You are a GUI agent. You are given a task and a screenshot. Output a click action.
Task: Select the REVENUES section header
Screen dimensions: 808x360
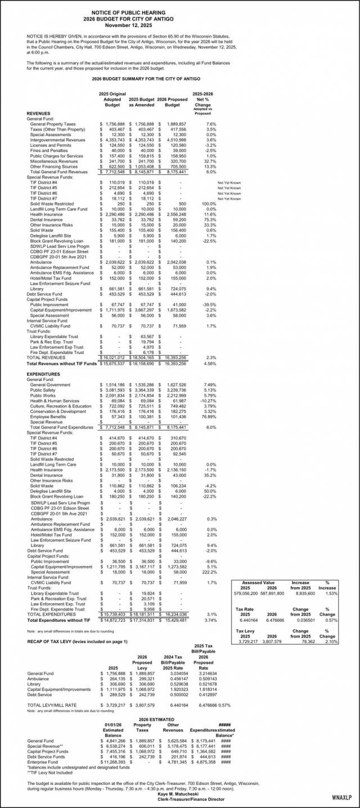tap(39, 113)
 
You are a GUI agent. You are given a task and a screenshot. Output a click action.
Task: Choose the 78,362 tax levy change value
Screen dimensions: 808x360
tap(309, 641)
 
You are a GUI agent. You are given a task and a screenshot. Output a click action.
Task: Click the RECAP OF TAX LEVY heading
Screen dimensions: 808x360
tap(77, 641)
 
